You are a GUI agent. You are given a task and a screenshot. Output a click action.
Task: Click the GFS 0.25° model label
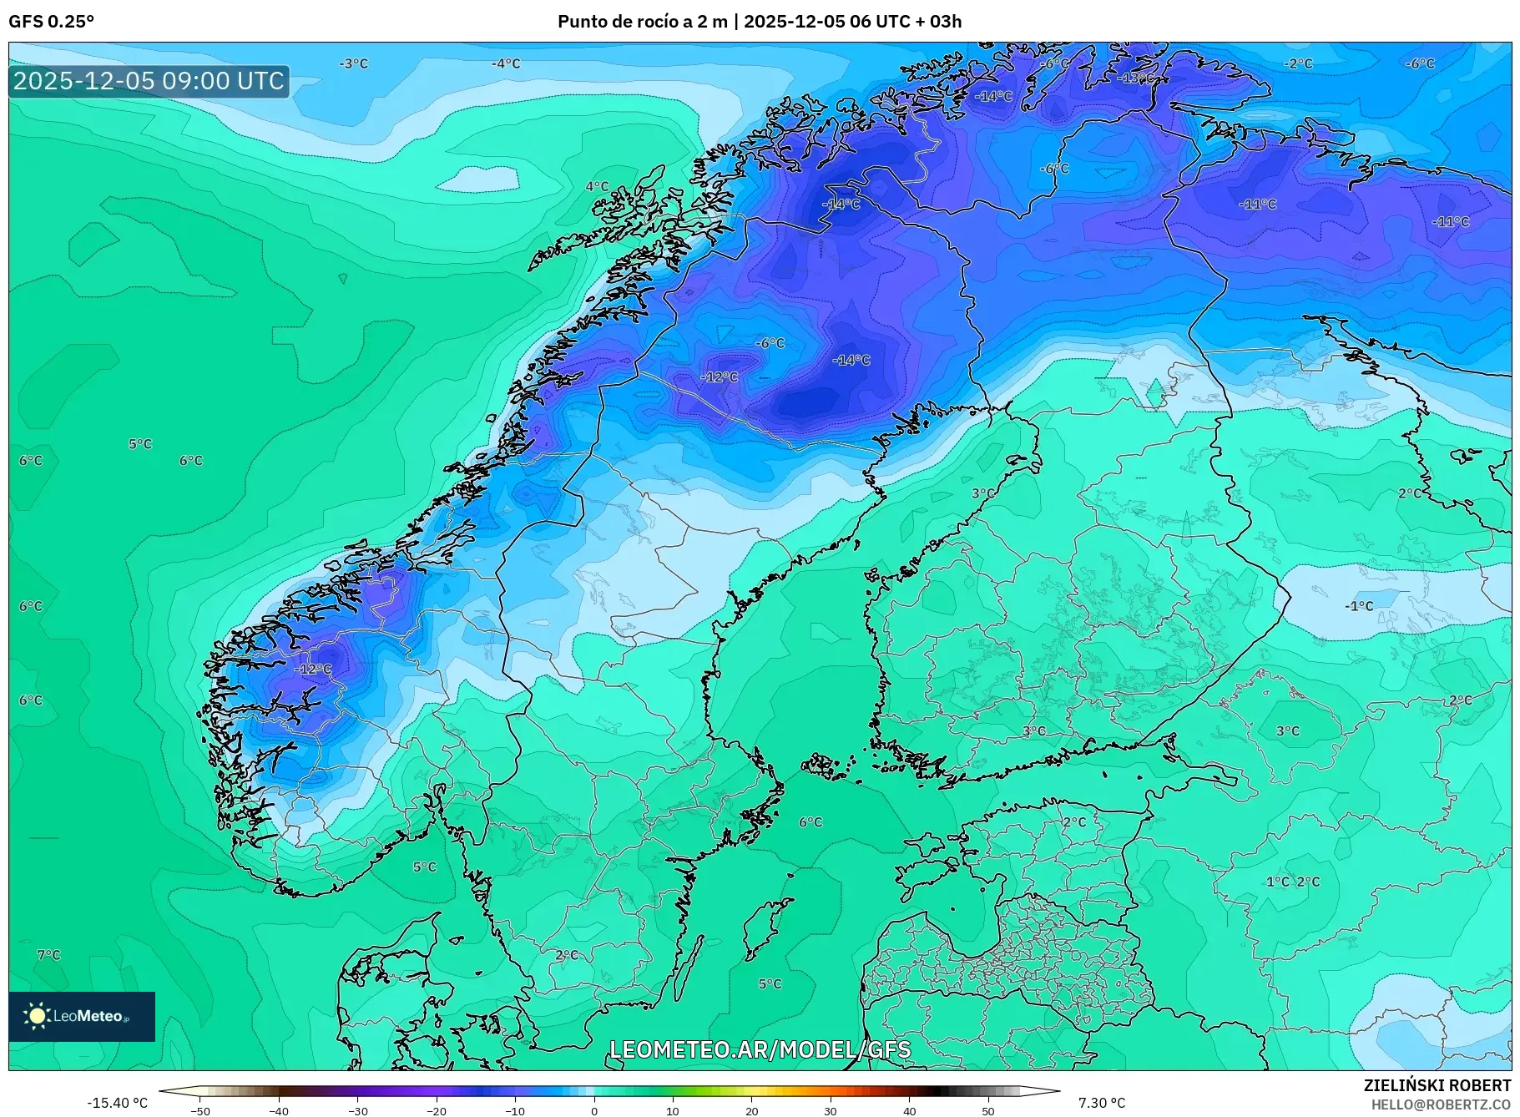51,22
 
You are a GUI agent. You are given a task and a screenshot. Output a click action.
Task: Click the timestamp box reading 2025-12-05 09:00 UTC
149,81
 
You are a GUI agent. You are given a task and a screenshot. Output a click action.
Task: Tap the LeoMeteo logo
81,1016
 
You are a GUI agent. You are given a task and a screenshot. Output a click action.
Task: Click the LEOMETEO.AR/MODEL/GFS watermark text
760,1049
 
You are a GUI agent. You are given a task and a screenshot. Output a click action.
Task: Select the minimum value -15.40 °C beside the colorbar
117,1103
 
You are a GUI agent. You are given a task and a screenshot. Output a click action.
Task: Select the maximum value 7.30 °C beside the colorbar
1101,1103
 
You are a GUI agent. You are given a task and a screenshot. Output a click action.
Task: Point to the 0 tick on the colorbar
594,1110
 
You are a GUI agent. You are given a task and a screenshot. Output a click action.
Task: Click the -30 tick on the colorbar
357,1110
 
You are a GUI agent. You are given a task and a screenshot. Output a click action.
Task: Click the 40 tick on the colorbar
910,1110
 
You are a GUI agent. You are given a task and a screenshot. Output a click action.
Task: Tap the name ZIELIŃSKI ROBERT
1437,1085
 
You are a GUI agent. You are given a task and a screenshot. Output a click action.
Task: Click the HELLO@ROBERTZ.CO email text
1441,1104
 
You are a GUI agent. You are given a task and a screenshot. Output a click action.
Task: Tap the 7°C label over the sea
49,955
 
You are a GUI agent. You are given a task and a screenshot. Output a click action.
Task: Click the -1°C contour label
1358,606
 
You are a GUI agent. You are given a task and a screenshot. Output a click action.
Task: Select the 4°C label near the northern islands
597,187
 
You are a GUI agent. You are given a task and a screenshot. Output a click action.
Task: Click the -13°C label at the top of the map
1137,78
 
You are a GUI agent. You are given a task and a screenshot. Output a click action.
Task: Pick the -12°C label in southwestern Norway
314,670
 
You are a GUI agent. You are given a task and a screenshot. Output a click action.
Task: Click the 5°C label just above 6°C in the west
140,444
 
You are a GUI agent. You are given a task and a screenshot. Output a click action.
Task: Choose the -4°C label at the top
505,63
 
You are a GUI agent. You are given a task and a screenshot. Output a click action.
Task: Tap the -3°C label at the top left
353,63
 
